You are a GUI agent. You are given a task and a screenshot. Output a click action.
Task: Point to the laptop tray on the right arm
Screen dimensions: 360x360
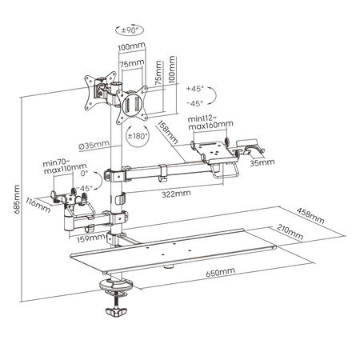click(212, 150)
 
